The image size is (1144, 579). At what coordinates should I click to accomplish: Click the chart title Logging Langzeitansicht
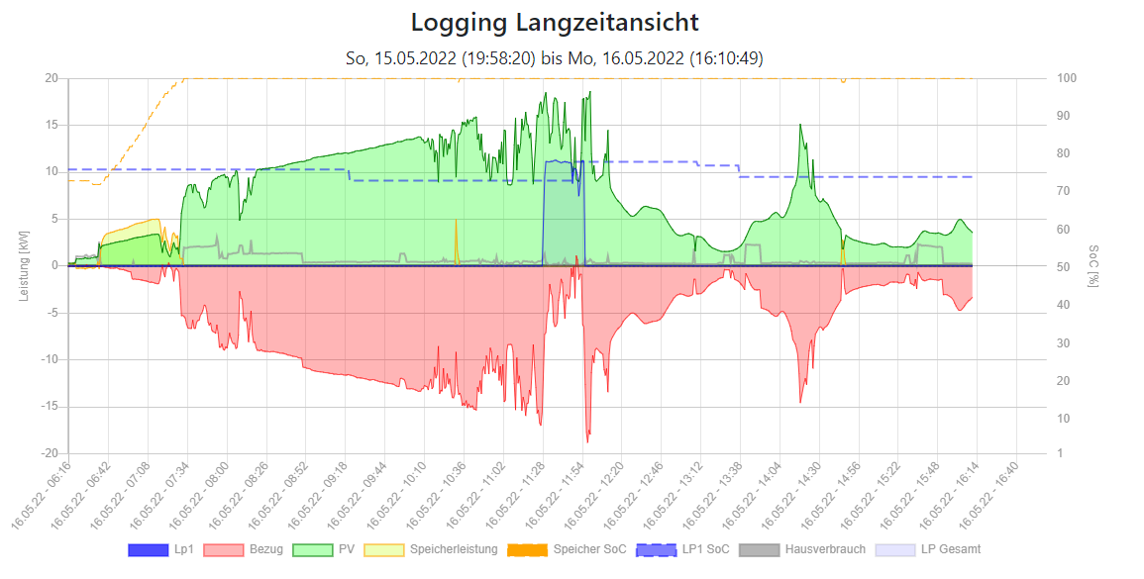(x=554, y=23)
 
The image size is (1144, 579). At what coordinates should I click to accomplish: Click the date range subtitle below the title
(x=554, y=58)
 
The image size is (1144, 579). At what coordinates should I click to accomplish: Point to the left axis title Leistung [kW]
(x=24, y=265)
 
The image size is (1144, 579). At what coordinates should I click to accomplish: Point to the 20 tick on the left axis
(x=51, y=78)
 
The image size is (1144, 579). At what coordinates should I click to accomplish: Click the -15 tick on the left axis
(x=48, y=407)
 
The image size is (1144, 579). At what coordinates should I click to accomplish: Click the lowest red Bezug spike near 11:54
(x=587, y=440)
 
